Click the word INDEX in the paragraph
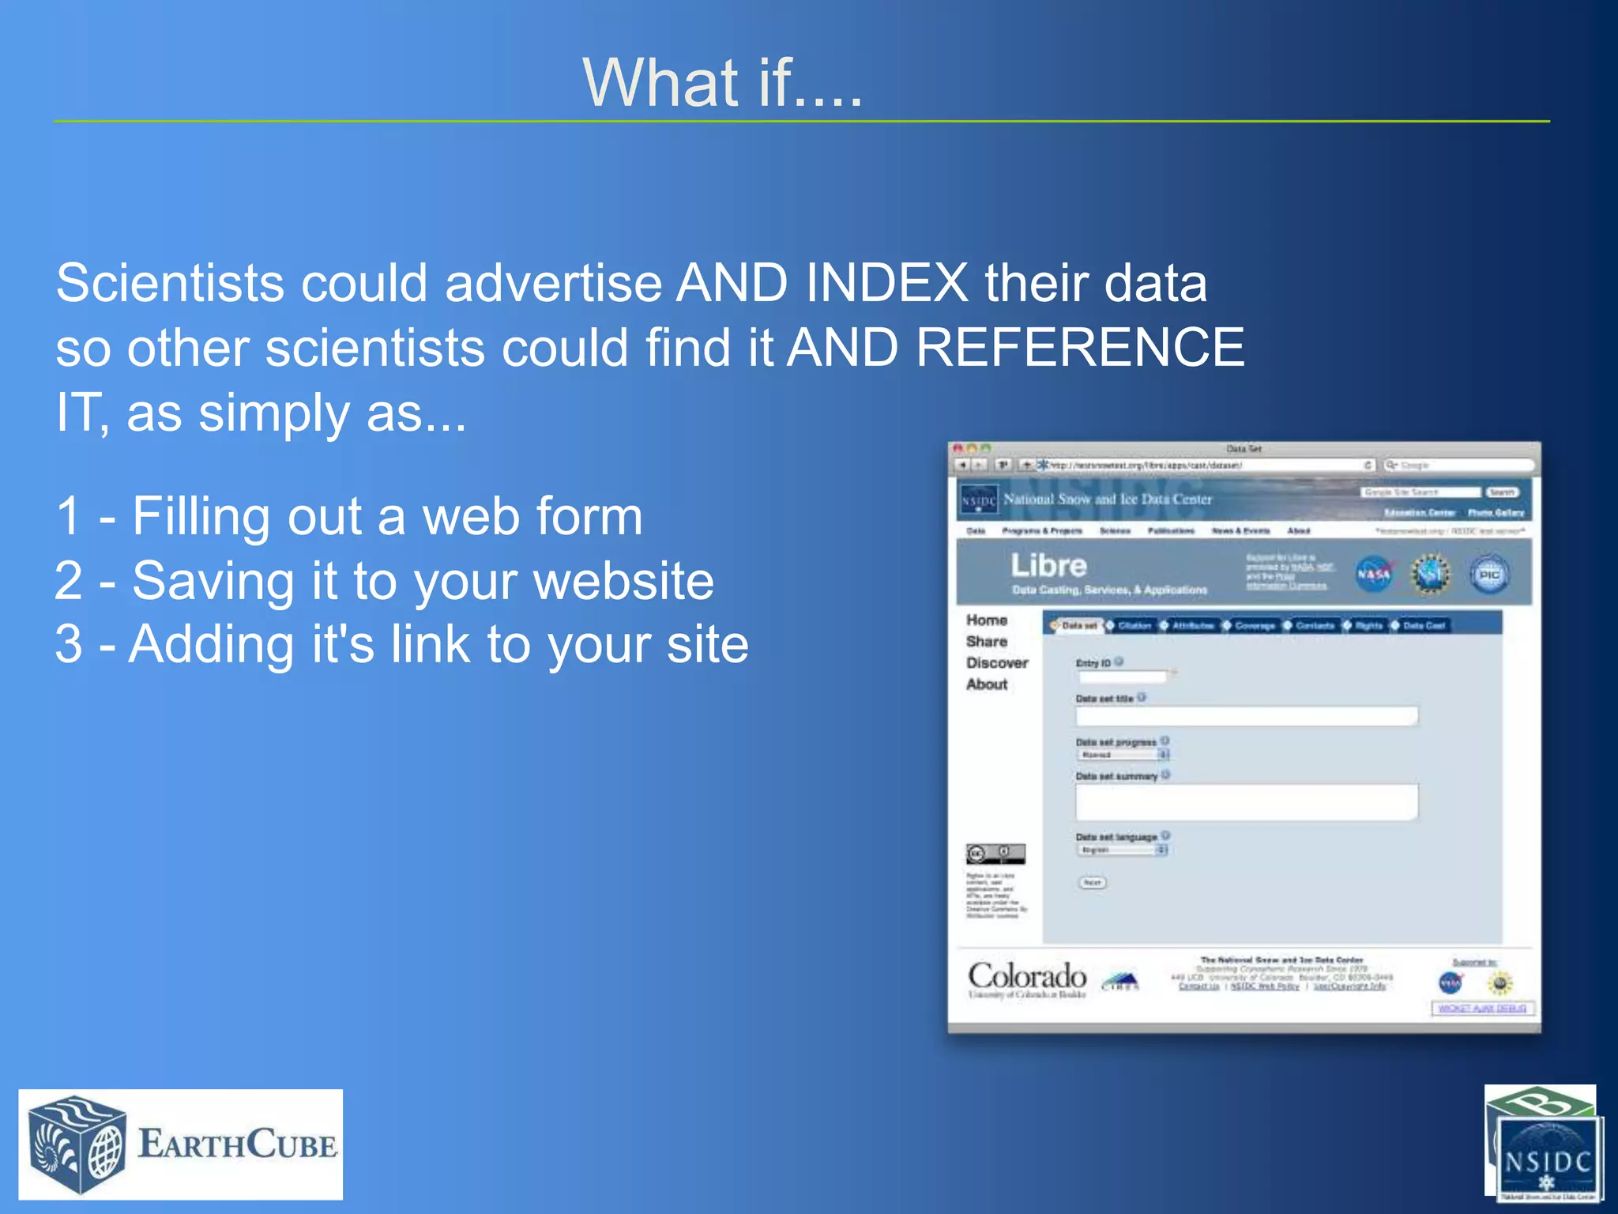[886, 283]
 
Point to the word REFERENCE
[1079, 348]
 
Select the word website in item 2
[623, 582]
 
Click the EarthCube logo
[181, 1144]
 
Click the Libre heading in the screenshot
[1048, 566]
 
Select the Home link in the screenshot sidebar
[986, 620]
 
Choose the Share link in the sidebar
[986, 642]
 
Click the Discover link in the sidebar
[996, 663]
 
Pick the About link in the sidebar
[986, 684]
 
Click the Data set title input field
[1246, 716]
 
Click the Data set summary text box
[1246, 802]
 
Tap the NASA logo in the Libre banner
[1373, 575]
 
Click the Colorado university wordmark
[1027, 978]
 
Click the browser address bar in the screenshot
[1201, 466]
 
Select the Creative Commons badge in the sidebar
[995, 854]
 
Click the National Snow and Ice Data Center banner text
[1107, 500]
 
